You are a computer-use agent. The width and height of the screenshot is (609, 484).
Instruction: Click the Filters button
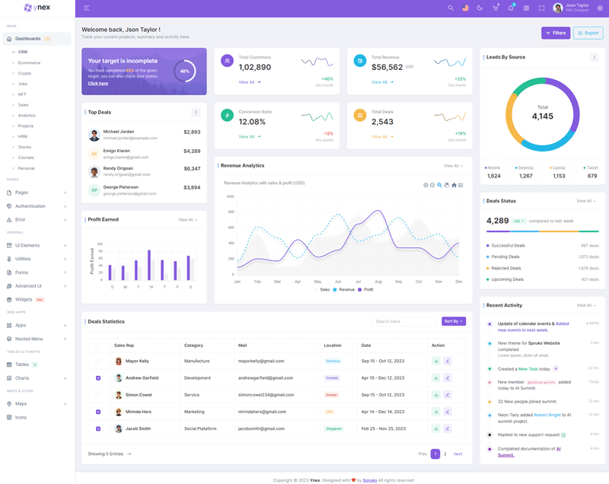(556, 33)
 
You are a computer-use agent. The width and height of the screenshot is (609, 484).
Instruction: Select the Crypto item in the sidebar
(25, 73)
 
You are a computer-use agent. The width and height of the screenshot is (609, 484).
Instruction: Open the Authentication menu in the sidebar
(30, 206)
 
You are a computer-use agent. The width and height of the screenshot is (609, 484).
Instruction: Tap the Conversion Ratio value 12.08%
(252, 122)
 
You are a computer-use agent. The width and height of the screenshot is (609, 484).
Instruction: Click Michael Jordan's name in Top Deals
(118, 132)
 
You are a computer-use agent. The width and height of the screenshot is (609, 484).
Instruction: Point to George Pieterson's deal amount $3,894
(192, 187)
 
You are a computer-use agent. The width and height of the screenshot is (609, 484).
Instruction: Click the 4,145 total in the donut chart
(543, 116)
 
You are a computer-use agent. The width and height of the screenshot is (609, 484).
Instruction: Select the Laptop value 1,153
(559, 176)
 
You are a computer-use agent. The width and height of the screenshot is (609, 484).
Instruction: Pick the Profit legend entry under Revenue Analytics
(365, 290)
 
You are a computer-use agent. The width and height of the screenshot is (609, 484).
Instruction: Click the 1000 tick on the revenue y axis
(230, 196)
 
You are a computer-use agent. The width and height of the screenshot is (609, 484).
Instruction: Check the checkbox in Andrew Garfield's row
(98, 378)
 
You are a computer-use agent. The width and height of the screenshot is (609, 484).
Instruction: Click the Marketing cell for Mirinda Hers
(194, 412)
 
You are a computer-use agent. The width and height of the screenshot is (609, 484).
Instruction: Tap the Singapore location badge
(333, 428)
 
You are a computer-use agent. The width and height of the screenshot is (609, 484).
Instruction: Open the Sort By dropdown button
(453, 321)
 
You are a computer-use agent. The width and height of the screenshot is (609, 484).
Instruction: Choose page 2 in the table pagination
(445, 454)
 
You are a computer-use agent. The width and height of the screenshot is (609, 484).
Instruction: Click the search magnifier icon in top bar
(451, 8)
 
